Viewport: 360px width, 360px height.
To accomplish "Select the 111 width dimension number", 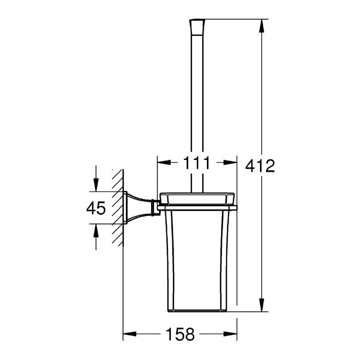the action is tap(197, 163).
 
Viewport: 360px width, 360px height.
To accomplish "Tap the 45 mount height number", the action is tap(96, 208).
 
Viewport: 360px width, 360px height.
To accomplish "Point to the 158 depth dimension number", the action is tap(180, 334).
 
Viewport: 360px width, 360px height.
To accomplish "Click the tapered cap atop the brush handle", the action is tap(197, 27).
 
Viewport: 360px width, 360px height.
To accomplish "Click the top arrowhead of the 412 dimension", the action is tap(261, 26).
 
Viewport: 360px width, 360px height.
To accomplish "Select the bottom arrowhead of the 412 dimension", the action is tap(261, 305).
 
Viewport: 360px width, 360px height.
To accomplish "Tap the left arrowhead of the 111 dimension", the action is tap(164, 162).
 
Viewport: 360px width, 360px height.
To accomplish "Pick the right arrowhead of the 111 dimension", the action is tap(230, 162).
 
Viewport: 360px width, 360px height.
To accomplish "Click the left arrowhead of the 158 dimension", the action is tap(130, 334).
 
